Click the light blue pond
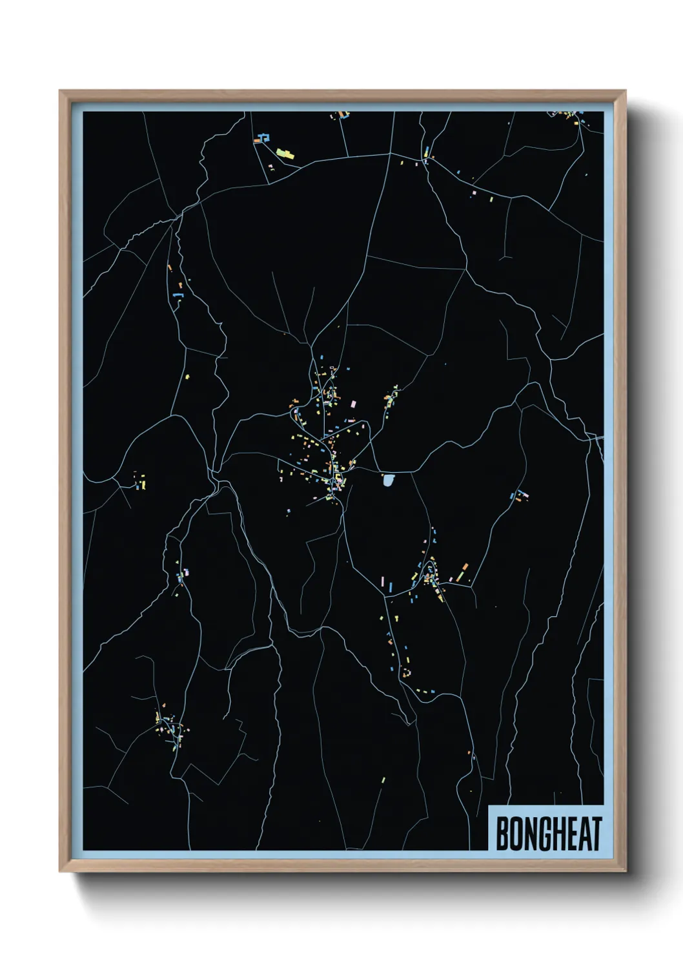pos(388,480)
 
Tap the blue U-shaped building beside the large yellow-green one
pos(263,138)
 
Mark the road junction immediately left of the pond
pos(378,471)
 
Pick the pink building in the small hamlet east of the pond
pos(524,495)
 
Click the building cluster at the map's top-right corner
pos(571,116)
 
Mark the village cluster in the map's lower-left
pos(169,729)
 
